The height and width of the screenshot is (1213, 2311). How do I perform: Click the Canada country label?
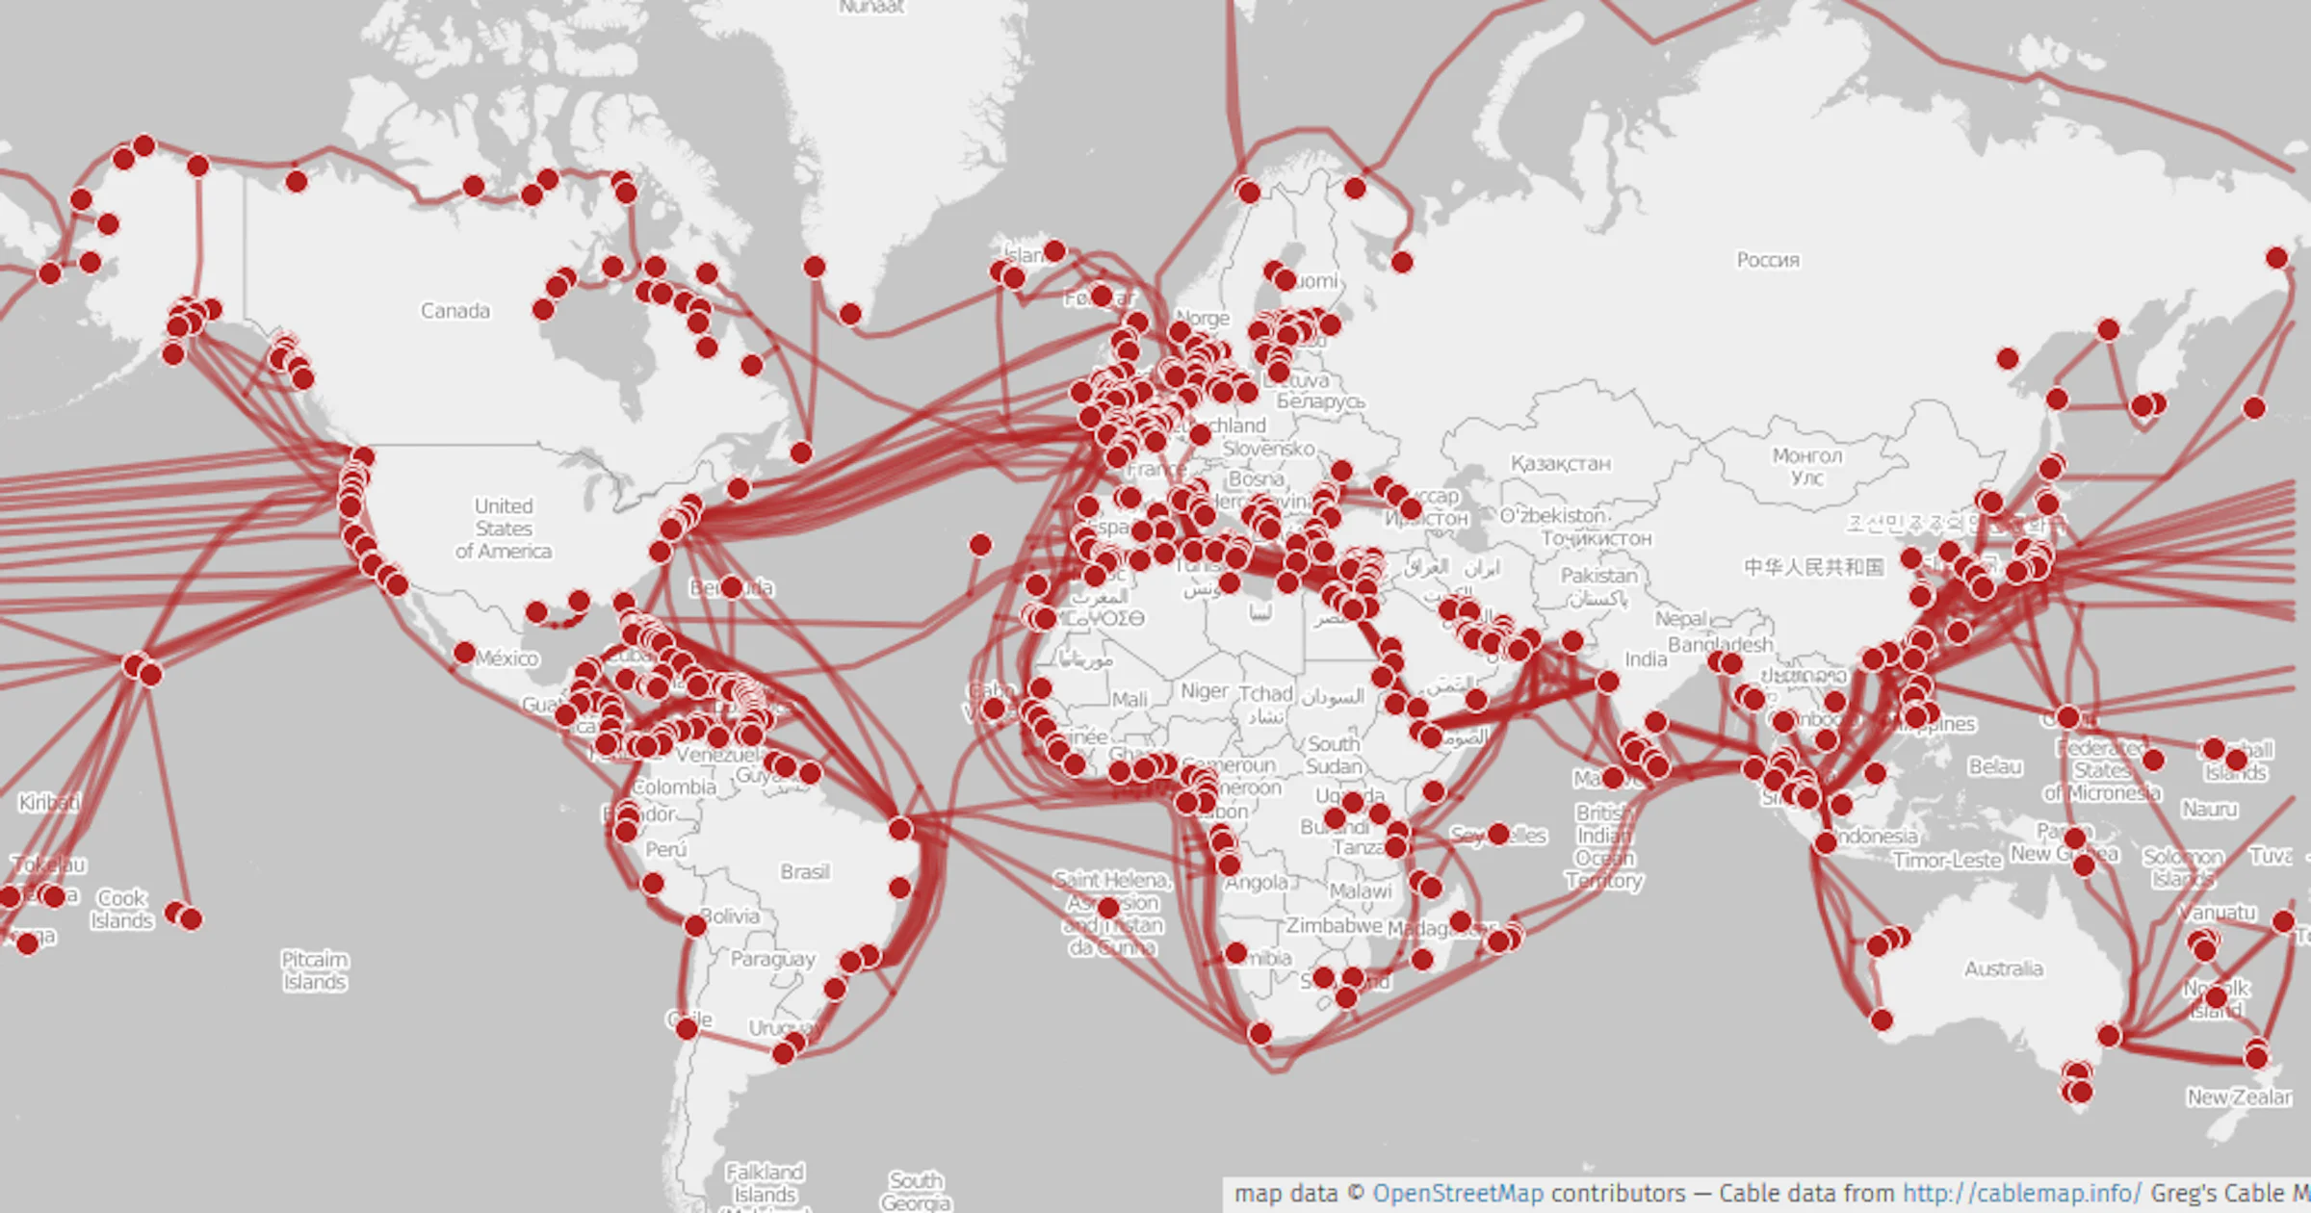455,311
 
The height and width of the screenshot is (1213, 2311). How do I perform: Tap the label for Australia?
2003,968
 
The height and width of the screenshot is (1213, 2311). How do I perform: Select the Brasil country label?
805,871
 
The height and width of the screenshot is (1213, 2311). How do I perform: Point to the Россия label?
1768,260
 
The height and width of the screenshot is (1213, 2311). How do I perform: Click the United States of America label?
504,529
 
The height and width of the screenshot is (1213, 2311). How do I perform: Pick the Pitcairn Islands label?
314,970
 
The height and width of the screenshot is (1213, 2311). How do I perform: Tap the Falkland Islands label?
765,1183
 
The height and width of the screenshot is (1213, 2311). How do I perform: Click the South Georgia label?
916,1191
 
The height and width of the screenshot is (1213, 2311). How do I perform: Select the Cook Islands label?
122,909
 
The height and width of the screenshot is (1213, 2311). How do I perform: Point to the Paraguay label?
772,959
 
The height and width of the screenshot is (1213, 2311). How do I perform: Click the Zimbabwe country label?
1335,925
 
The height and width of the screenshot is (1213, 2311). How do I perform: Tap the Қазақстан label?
1560,464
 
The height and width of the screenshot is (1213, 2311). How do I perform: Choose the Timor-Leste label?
1947,860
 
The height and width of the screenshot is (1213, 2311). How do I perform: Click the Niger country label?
1205,691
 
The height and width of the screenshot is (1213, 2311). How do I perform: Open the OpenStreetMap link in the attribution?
1457,1194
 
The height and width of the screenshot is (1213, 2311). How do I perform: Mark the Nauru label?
2209,810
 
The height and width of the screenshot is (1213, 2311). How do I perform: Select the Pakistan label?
1598,576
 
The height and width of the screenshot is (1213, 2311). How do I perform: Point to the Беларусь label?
1320,401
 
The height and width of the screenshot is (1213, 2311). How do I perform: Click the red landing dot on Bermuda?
731,586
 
